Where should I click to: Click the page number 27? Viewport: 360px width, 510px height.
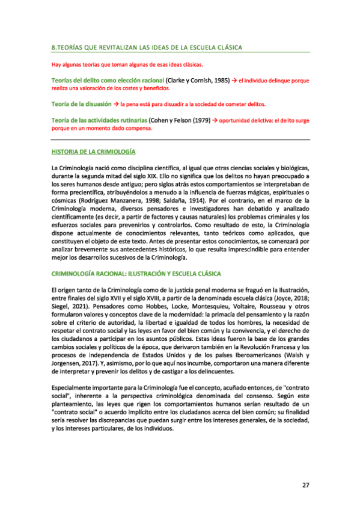point(305,485)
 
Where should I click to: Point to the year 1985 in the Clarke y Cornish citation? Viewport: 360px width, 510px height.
point(221,79)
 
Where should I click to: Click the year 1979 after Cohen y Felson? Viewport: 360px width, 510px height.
point(201,120)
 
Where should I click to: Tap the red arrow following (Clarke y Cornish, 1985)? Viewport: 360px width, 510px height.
point(234,79)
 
